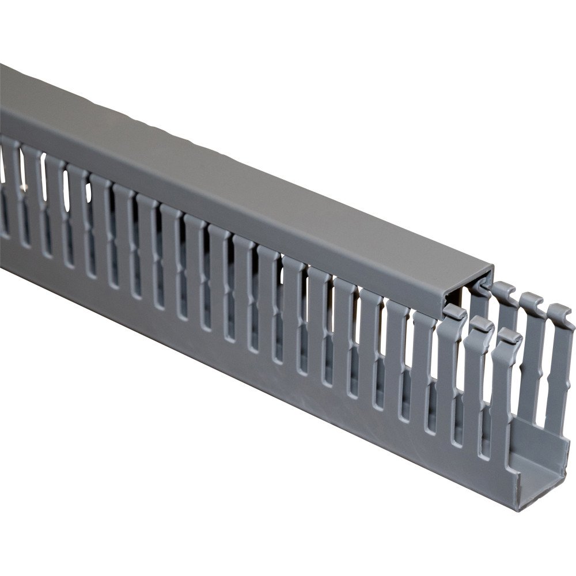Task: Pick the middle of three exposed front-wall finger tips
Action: [482, 324]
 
